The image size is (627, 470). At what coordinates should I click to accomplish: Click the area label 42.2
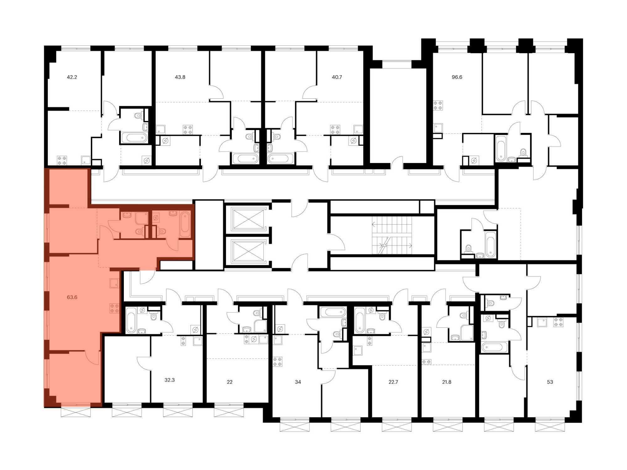pos(72,77)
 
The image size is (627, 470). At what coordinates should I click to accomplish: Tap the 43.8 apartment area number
pos(180,77)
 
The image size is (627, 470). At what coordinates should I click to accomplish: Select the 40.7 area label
pos(337,77)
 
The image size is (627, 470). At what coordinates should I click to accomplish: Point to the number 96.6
pos(457,77)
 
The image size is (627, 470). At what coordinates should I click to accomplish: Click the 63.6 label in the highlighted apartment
pos(72,297)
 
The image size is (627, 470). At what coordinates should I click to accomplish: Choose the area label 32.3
pos(170,380)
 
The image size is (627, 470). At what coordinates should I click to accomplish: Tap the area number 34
pos(298,382)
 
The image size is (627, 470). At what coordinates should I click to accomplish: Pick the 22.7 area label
pos(393,382)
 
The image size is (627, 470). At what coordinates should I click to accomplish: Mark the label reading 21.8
pos(446,382)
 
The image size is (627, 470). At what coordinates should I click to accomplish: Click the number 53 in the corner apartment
pos(550,382)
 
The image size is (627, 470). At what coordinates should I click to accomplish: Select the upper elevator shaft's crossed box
pos(248,219)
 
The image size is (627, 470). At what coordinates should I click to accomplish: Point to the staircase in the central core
pos(392,235)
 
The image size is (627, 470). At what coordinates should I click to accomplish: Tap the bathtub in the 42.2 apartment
pos(134,138)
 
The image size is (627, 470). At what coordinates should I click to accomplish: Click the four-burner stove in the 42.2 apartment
pos(62,160)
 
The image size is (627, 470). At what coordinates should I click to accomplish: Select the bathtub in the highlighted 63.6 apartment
pos(185,224)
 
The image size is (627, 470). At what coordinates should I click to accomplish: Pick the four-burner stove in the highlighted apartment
pos(114,308)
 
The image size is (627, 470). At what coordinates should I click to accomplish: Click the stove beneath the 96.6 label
pos(438,105)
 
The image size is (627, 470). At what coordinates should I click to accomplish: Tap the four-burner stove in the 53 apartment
pos(558,322)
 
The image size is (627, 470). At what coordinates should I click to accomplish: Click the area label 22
pos(229,382)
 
